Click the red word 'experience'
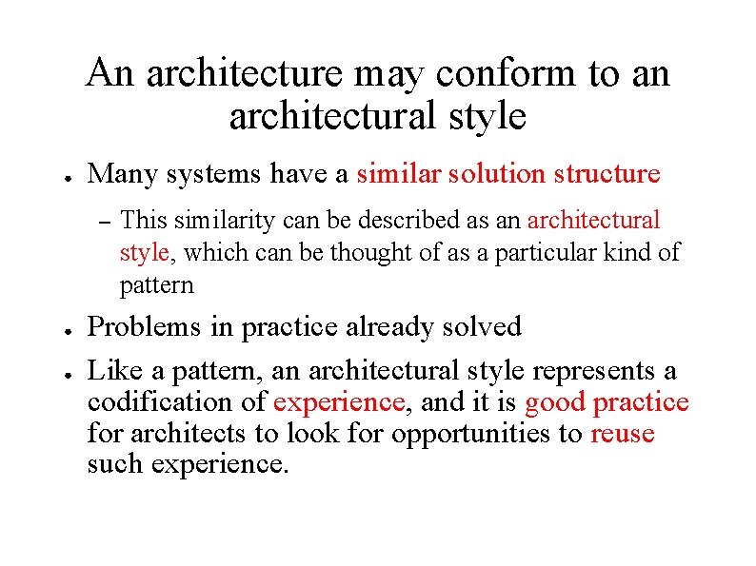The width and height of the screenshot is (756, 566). click(339, 402)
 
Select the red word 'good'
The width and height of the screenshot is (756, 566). click(554, 402)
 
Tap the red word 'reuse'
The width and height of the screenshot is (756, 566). click(623, 434)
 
